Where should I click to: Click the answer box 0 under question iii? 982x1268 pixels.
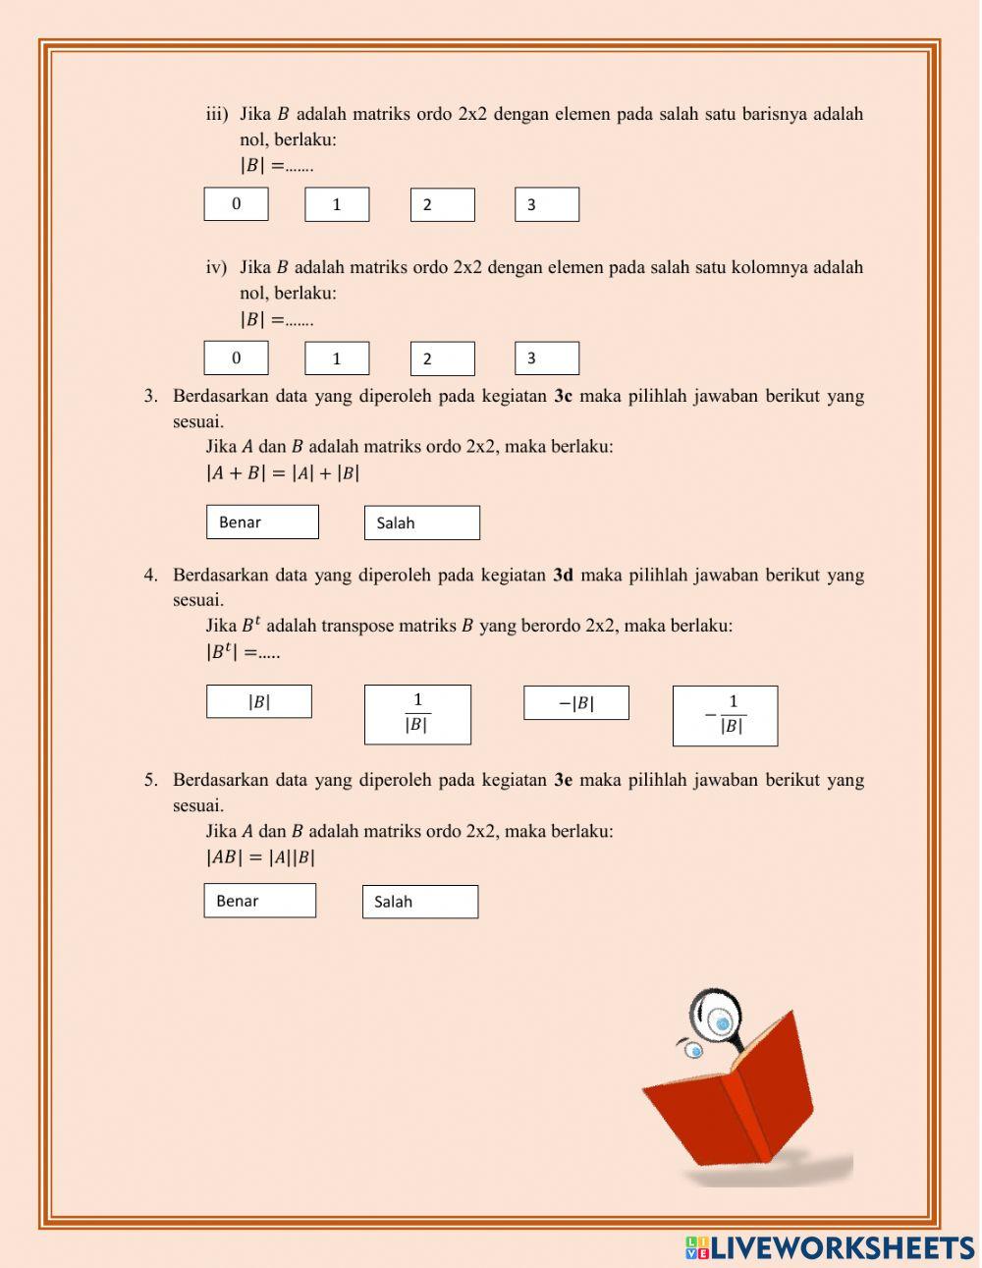click(236, 204)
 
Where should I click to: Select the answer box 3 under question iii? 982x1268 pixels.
click(546, 204)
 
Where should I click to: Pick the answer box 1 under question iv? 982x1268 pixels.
click(337, 358)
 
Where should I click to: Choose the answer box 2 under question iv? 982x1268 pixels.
click(442, 358)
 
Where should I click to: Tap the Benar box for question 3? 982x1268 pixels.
click(262, 522)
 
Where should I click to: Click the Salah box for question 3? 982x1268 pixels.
click(421, 523)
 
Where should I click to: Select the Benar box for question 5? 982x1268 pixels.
click(259, 901)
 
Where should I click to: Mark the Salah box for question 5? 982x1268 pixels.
click(419, 902)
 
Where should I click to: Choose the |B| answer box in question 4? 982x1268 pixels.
click(258, 701)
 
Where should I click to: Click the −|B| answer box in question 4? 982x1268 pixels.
click(575, 703)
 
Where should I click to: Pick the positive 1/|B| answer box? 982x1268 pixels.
click(417, 714)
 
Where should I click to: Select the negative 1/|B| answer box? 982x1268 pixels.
click(725, 716)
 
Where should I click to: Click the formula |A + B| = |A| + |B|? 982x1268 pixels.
click(283, 472)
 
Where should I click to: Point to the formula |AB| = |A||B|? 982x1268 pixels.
click(260, 856)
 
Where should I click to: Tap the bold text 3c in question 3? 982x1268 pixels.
click(563, 397)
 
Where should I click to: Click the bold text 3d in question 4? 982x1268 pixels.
click(563, 576)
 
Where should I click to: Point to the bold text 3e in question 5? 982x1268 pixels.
click(563, 781)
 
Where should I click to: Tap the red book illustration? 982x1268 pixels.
click(732, 1095)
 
